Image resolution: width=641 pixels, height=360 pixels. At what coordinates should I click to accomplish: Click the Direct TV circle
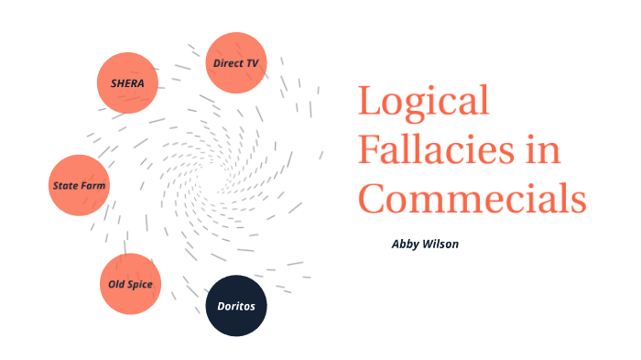(235, 63)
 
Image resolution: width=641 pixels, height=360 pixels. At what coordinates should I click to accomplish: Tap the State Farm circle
(79, 185)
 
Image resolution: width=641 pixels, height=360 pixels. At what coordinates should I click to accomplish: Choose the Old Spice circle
(130, 284)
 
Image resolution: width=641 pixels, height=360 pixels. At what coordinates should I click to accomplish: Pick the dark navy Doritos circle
(235, 305)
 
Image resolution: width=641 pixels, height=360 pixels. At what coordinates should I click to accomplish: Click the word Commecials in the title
(471, 196)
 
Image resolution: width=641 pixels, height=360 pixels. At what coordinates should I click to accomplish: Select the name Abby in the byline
(405, 245)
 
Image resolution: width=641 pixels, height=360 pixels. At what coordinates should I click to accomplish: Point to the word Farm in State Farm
(93, 186)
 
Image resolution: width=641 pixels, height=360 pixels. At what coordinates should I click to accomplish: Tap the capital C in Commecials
(372, 196)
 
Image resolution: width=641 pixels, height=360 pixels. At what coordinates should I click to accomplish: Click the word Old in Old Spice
(116, 284)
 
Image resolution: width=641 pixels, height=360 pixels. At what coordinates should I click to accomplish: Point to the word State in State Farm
(65, 186)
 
